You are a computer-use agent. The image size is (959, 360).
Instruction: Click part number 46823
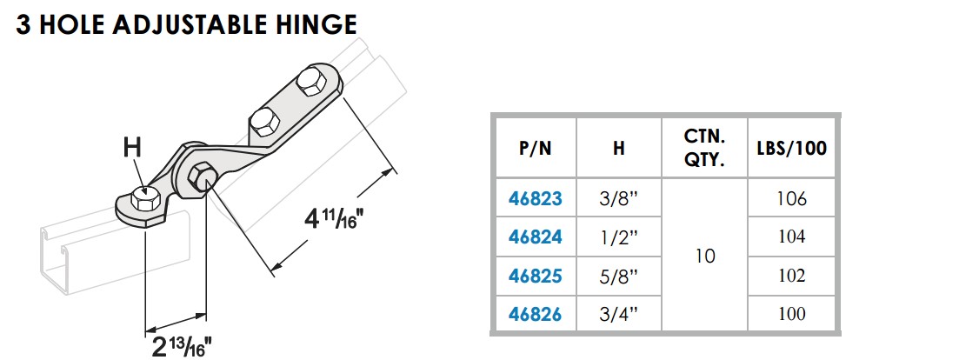(x=535, y=199)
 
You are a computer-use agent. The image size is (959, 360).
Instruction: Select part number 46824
(x=535, y=237)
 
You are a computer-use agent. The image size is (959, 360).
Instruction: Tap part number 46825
(x=535, y=276)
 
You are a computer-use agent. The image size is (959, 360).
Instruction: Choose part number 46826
(x=535, y=314)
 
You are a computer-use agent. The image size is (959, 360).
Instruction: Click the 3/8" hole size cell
(x=618, y=199)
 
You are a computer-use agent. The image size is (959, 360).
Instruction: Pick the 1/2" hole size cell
(x=618, y=237)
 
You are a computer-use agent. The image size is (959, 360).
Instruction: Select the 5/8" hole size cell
(x=618, y=276)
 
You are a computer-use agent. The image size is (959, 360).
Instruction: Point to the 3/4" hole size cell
(x=618, y=314)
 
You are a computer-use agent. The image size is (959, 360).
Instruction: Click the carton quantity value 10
(x=705, y=257)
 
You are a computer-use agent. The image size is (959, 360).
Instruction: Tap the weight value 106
(x=792, y=199)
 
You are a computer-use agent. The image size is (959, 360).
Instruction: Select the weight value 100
(x=792, y=314)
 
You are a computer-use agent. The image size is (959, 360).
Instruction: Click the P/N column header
(x=535, y=148)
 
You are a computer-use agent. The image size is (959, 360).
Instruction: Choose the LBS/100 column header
(x=792, y=148)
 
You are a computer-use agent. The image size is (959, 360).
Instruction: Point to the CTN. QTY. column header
(x=705, y=148)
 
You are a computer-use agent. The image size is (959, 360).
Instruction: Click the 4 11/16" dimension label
(x=332, y=217)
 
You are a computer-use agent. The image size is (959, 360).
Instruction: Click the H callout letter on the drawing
(x=132, y=149)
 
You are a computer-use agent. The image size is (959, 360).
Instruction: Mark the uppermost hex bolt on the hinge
(x=310, y=83)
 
